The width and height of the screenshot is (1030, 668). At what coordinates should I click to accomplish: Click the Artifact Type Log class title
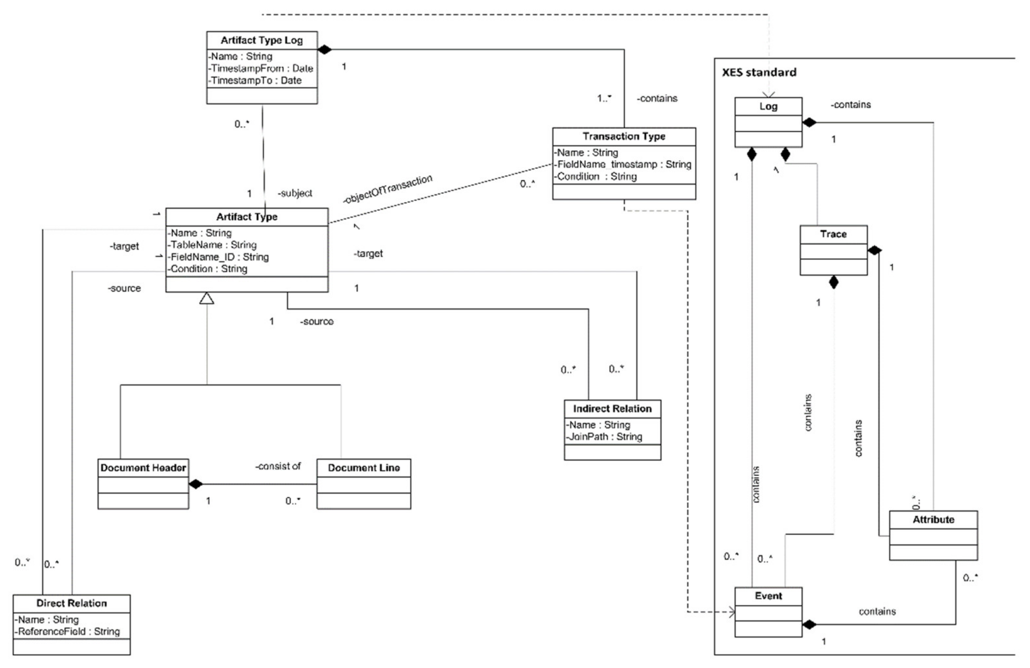[261, 40]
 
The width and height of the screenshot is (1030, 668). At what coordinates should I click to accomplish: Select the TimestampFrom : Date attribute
[261, 68]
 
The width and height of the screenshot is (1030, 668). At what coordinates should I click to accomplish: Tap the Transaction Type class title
[624, 136]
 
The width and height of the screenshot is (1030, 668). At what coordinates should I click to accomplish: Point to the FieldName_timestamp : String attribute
[624, 164]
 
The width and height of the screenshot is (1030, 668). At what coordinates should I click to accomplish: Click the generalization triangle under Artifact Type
[207, 299]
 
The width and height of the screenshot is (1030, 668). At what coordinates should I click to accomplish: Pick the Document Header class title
[143, 468]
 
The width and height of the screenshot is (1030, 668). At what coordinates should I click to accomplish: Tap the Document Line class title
[364, 468]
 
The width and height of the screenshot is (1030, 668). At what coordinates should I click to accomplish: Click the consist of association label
[278, 466]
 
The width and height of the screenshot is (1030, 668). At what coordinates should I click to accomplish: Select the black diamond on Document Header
[196, 484]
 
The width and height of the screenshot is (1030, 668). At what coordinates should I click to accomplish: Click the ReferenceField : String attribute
[68, 631]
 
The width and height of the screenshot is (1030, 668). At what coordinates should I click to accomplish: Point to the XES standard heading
[759, 72]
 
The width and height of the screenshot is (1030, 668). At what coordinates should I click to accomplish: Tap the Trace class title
[833, 234]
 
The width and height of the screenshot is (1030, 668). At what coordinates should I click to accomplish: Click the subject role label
[295, 194]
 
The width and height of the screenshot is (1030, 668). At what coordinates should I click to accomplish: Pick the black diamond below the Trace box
[833, 283]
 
